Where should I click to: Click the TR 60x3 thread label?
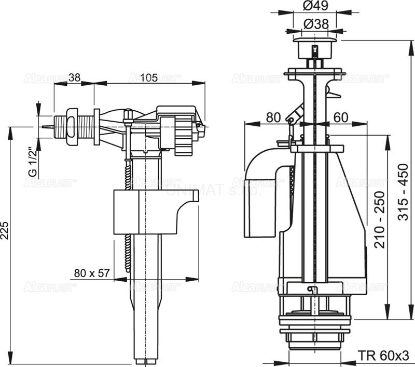pos(383,356)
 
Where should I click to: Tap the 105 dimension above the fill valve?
pos(149,78)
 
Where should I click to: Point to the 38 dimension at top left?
pos(74,78)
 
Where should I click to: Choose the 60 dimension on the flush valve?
pos(340,118)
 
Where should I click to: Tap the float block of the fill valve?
pos(150,211)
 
